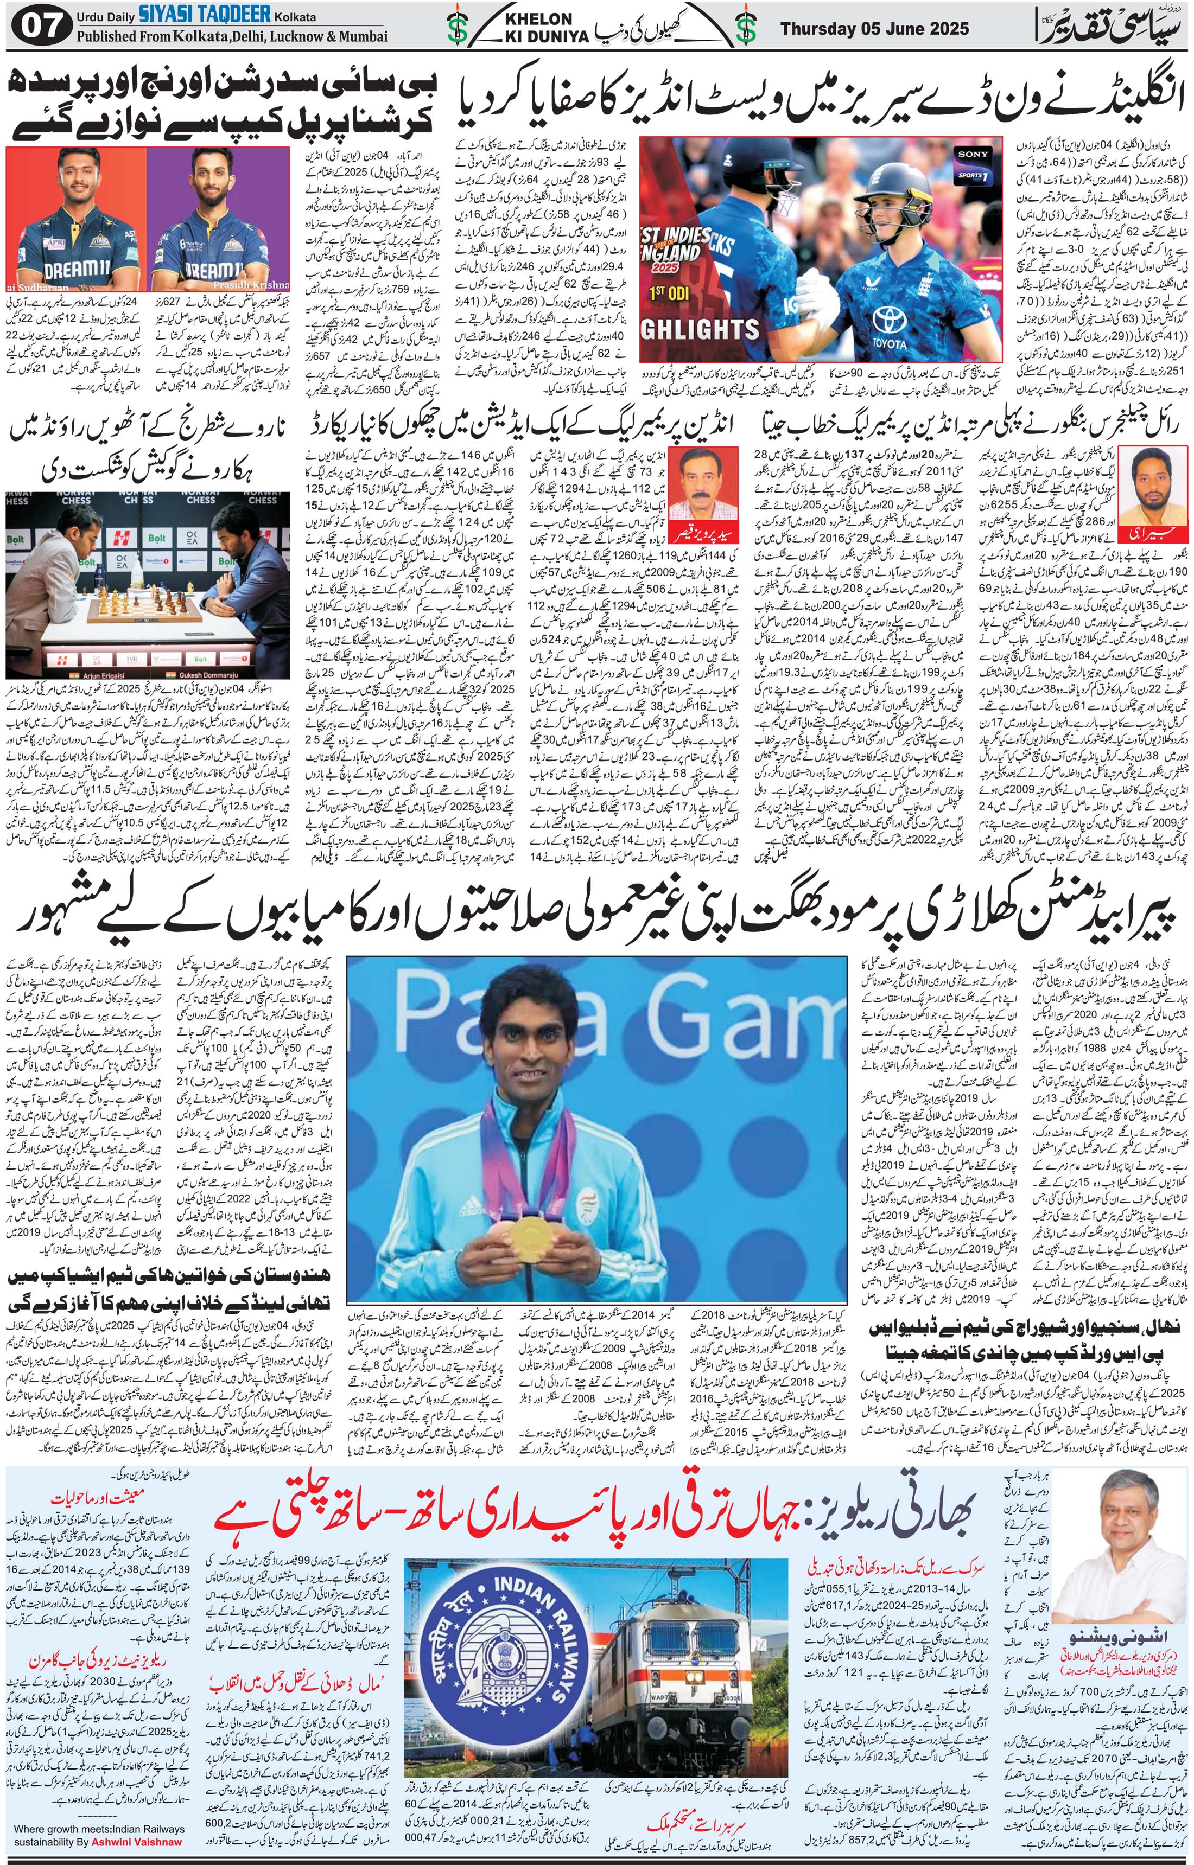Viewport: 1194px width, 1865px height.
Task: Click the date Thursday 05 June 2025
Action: tap(874, 29)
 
